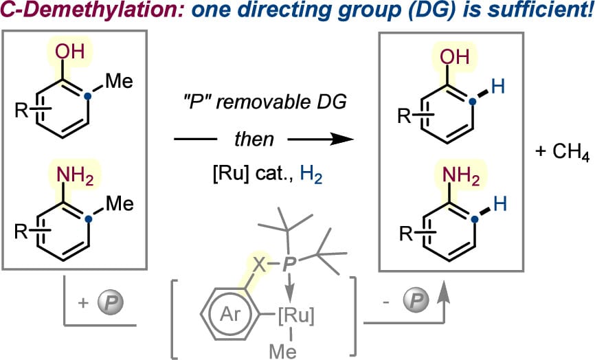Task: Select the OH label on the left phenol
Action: (x=69, y=52)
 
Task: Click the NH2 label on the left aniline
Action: (x=75, y=177)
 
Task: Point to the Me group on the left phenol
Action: (x=119, y=81)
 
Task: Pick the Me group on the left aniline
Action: (x=120, y=203)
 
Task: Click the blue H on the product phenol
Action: (x=498, y=86)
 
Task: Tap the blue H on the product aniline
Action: (x=500, y=203)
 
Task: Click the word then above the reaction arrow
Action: (x=254, y=139)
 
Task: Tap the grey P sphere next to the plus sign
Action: (x=111, y=302)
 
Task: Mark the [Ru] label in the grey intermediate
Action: (x=296, y=316)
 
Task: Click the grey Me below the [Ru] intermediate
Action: (x=283, y=351)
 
